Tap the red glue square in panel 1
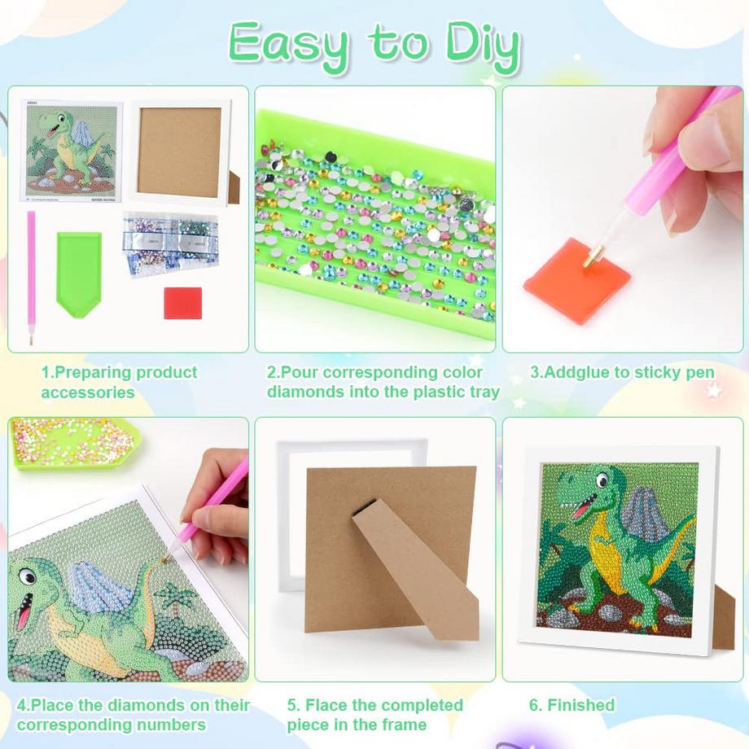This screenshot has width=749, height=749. [182, 302]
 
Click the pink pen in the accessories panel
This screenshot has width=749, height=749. [32, 277]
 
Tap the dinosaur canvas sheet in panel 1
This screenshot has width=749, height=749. [71, 152]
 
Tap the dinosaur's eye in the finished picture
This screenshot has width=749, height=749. [601, 480]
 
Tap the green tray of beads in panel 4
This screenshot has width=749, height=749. [73, 445]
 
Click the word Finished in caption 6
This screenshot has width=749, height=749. [580, 705]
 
